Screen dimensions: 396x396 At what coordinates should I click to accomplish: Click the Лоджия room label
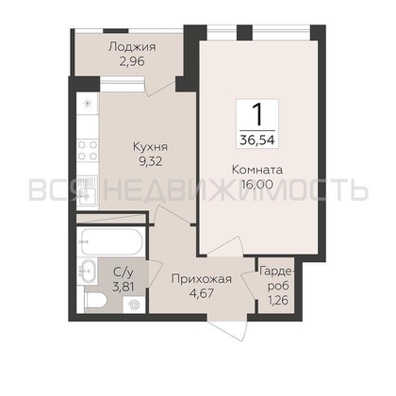tap(132, 47)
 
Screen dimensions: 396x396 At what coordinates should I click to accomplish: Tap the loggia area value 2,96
tap(132, 61)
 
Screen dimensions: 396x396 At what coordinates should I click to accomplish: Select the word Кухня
tap(150, 147)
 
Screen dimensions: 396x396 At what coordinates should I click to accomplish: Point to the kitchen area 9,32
tap(150, 161)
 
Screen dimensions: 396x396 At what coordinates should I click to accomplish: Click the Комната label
tap(257, 170)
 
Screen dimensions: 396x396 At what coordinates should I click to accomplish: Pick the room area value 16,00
tap(257, 185)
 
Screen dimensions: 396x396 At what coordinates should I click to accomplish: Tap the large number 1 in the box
tap(257, 114)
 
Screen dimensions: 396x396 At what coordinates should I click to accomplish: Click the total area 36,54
tap(257, 140)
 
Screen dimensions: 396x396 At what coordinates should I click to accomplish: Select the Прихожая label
tap(202, 279)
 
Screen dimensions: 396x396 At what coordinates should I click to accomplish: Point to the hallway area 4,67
tap(202, 293)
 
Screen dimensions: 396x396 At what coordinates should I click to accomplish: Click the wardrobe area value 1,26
tap(278, 301)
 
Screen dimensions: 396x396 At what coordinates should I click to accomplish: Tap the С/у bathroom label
tap(123, 272)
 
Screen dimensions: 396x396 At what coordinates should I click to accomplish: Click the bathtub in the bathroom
tap(111, 241)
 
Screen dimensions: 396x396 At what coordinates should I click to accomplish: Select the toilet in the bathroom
tap(96, 301)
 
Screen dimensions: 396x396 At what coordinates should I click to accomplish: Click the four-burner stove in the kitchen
tap(88, 150)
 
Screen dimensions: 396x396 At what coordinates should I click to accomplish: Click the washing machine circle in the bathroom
tap(134, 305)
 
